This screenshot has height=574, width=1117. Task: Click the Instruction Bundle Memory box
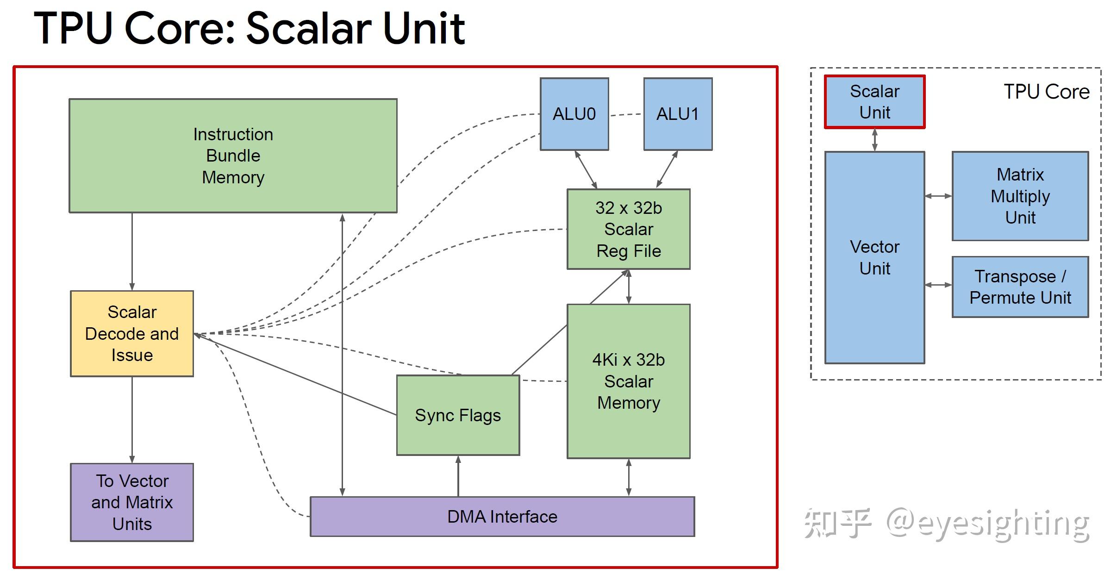[233, 156]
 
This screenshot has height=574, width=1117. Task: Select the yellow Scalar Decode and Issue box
[132, 333]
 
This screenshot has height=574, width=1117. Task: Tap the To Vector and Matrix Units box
[132, 502]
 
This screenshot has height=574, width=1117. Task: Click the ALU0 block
[574, 114]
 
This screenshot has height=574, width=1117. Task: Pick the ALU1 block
[678, 114]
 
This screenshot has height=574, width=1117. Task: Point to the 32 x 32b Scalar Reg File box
[628, 229]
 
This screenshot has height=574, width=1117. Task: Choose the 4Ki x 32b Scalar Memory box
[628, 381]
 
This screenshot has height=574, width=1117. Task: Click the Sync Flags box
[458, 415]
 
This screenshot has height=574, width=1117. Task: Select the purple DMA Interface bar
[502, 517]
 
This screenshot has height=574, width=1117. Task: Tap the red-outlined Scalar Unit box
[874, 102]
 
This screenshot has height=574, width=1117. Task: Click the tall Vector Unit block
[874, 257]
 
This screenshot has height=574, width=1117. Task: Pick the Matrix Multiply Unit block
[1020, 196]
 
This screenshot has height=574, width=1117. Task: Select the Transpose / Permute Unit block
[1020, 287]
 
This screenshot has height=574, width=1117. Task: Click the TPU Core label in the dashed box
[1046, 92]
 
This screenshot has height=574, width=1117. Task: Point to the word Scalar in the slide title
[306, 29]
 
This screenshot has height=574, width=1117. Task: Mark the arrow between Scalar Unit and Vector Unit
[874, 140]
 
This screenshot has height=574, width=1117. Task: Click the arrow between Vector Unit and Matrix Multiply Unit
[938, 196]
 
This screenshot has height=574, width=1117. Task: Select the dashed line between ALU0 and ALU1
[626, 114]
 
